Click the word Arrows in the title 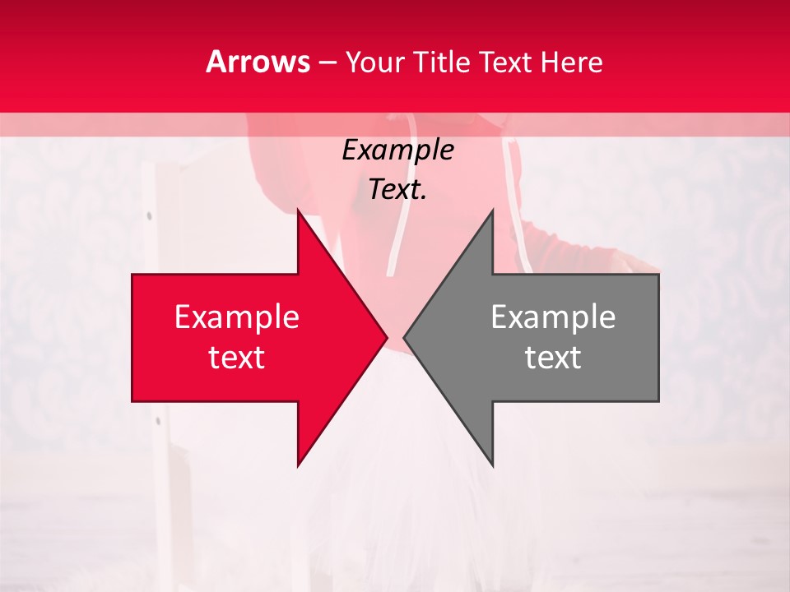click(258, 62)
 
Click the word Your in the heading click(374, 62)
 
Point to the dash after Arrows click(327, 62)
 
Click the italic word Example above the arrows click(397, 150)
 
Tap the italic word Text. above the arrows click(397, 190)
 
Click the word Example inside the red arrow click(236, 317)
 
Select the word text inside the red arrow click(236, 358)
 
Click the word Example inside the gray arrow click(553, 317)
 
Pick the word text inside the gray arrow click(553, 358)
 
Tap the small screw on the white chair click(149, 216)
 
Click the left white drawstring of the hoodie click(397, 238)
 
